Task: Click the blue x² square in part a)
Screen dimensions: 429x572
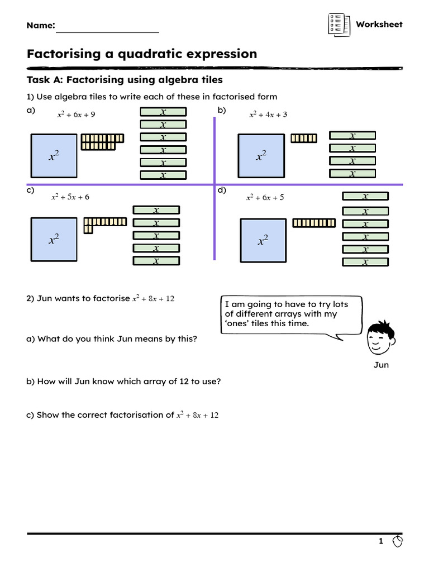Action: [x=54, y=156]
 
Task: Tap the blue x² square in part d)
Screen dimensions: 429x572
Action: [x=263, y=240]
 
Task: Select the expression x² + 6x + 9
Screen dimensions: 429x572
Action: [x=76, y=115]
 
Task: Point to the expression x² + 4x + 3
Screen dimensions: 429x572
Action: [x=268, y=115]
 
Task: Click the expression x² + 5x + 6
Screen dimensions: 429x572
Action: [x=70, y=197]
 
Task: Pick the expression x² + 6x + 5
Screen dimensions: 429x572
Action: [x=265, y=197]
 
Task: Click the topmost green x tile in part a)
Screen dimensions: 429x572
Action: [x=164, y=112]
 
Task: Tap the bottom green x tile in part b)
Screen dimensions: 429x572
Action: [x=352, y=173]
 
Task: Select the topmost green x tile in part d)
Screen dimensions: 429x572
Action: [x=365, y=196]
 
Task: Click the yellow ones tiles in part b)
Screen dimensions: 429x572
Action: [x=304, y=139]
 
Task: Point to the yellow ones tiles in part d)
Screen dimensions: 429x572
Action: [x=314, y=223]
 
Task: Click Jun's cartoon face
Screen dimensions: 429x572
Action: [x=380, y=338]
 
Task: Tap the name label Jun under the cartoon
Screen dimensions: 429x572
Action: [x=381, y=365]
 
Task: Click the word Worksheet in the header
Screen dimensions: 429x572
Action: [x=379, y=25]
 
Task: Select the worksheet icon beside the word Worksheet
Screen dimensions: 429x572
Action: [x=339, y=25]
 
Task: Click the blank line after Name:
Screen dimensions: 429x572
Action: [x=108, y=32]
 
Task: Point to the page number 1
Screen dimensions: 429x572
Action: [x=381, y=541]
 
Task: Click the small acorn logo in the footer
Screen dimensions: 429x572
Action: [x=398, y=541]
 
